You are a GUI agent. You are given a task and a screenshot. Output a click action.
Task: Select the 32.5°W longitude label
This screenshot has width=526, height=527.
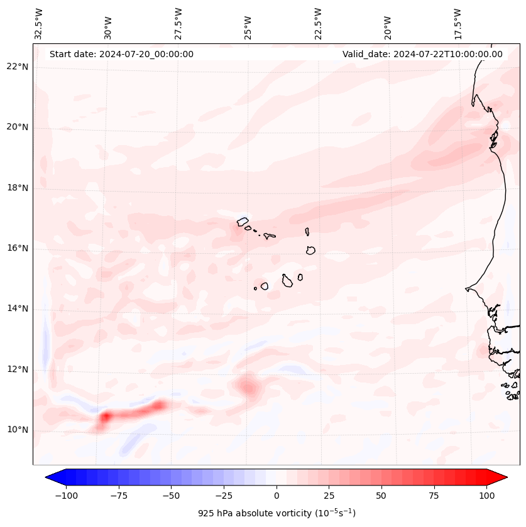39,24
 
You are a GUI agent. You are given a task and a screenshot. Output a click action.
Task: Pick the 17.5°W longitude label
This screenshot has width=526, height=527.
458,24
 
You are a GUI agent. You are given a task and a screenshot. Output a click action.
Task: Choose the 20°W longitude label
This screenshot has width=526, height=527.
388,24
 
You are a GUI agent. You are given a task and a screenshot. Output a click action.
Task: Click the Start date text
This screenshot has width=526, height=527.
121,54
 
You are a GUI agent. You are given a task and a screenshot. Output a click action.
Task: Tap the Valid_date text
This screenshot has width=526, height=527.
422,54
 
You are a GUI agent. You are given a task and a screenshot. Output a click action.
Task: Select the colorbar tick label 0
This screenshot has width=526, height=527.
277,496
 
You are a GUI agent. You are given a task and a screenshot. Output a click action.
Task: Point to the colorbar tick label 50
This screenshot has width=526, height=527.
381,496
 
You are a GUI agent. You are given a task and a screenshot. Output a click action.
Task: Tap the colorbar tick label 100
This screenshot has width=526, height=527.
486,496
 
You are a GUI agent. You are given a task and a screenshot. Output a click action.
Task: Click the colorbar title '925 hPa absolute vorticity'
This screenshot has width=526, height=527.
277,513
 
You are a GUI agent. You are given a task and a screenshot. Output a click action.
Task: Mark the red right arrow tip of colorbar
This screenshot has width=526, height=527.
505,477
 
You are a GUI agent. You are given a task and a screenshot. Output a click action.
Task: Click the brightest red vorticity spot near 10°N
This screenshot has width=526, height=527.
106,416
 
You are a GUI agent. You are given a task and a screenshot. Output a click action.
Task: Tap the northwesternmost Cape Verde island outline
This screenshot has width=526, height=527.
243,221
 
